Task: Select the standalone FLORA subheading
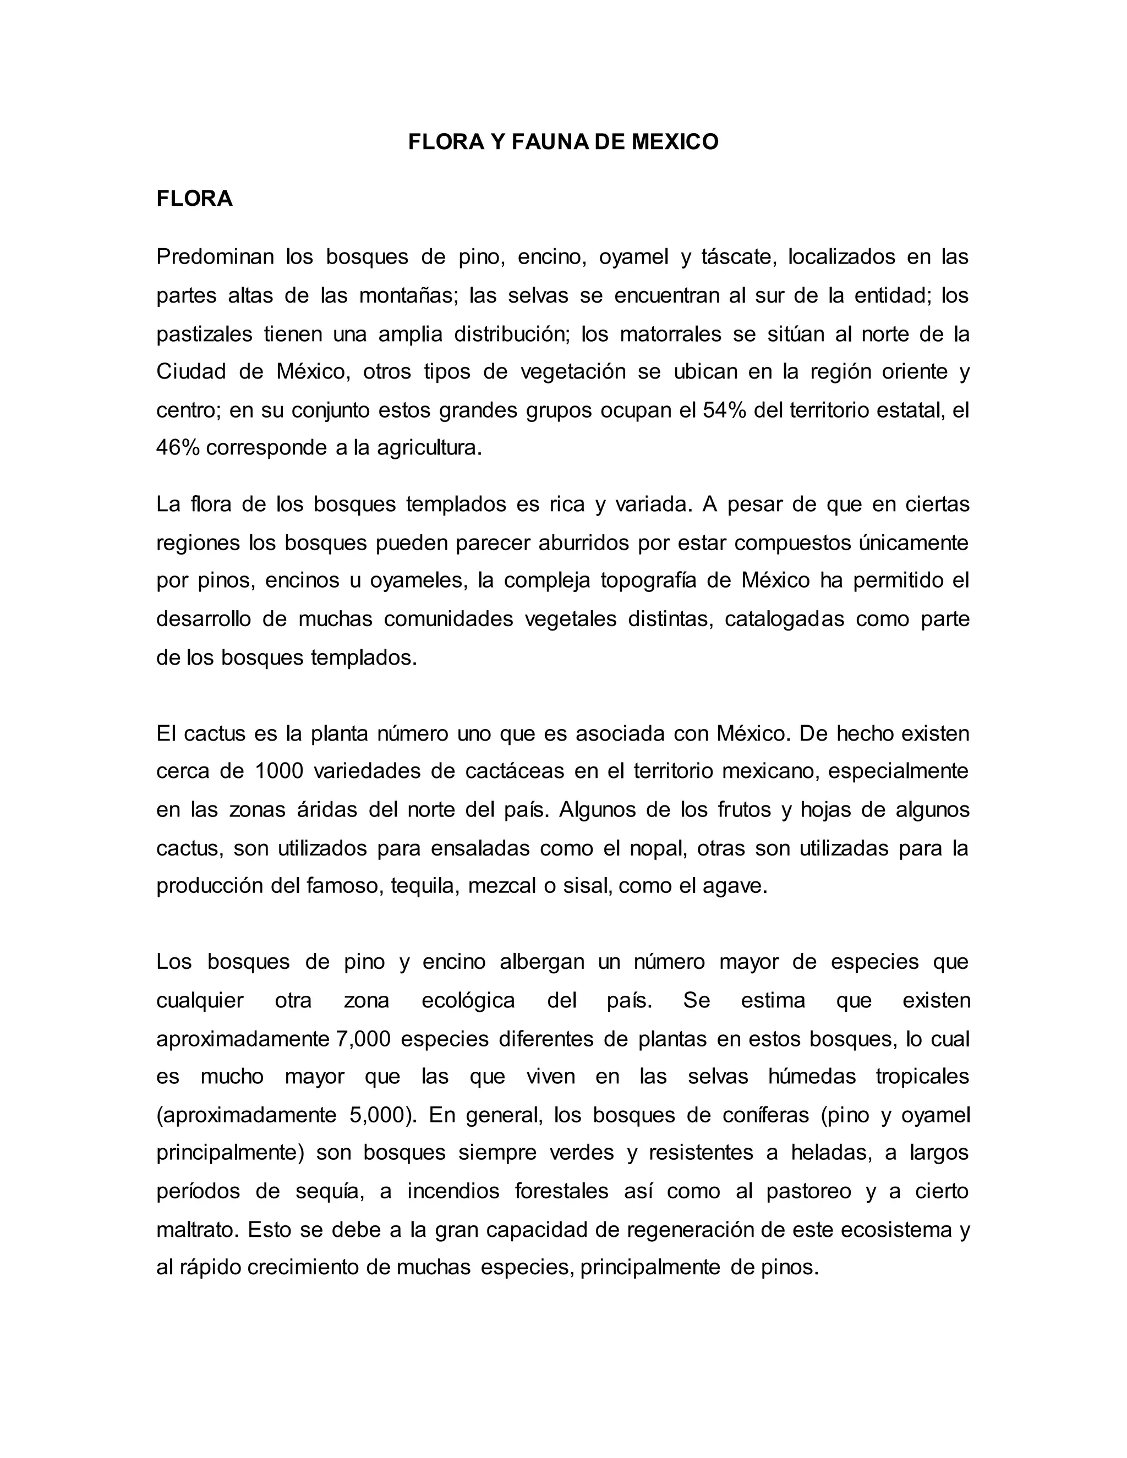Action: click(194, 199)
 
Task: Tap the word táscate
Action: click(739, 257)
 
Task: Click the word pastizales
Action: click(204, 334)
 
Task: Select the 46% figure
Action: click(178, 448)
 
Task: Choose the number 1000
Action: click(279, 772)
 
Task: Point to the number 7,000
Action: click(363, 1039)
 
